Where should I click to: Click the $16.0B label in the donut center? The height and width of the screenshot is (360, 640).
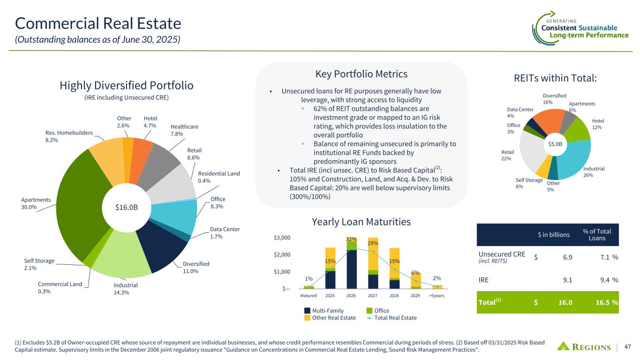[126, 207]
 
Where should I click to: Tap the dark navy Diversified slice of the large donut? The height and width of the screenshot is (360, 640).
[166, 246]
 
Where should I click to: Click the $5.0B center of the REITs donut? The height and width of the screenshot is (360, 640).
[555, 144]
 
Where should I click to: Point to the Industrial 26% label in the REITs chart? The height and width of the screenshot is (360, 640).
[594, 172]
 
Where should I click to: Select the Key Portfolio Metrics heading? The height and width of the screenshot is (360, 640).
[361, 74]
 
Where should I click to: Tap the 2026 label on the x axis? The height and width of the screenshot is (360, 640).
[352, 296]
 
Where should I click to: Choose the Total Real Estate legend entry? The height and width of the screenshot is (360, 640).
[392, 318]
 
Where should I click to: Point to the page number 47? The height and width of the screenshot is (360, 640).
[628, 347]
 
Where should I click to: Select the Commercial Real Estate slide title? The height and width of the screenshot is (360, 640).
[98, 23]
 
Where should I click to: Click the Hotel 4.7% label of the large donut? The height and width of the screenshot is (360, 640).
[150, 122]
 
